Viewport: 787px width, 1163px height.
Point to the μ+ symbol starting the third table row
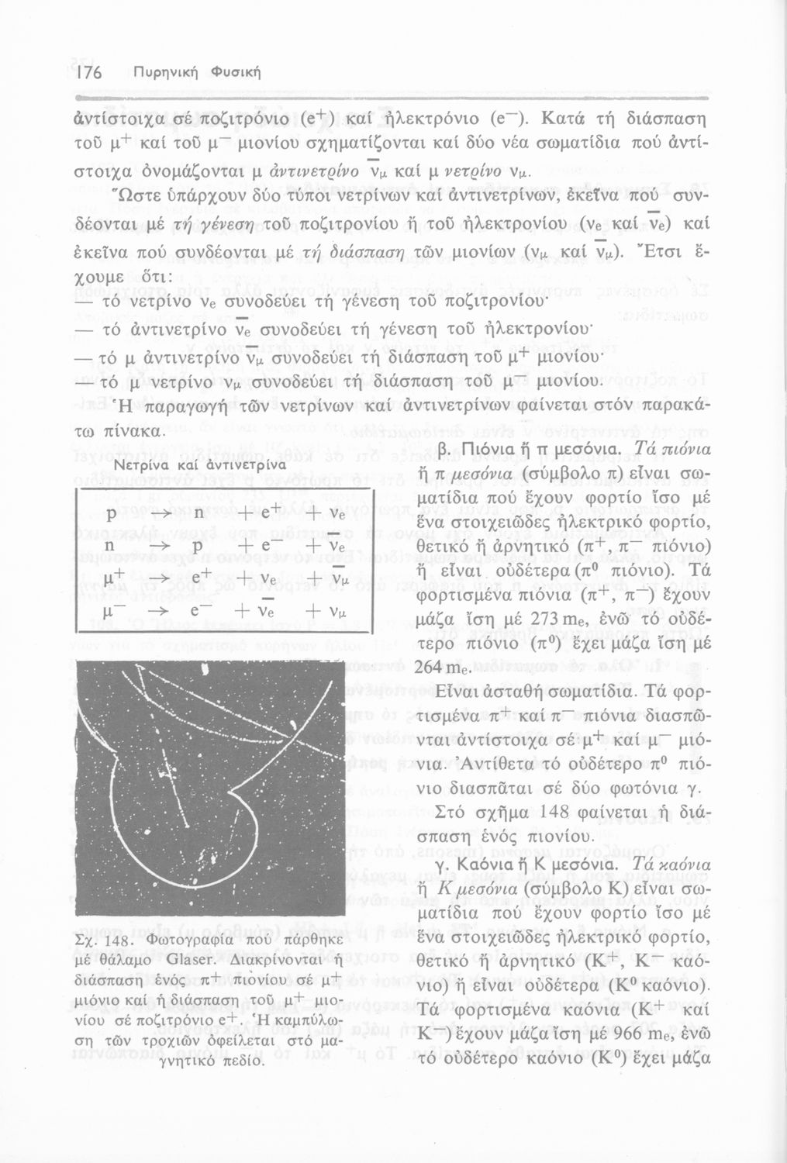click(115, 579)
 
